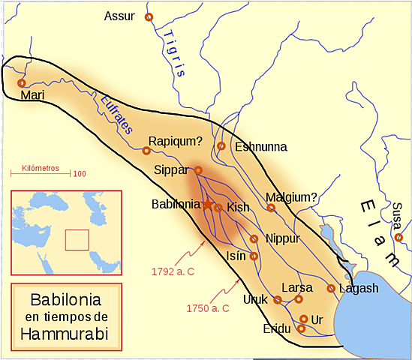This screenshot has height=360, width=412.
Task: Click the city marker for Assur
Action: click(x=149, y=16)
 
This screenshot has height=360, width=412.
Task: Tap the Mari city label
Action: click(x=33, y=95)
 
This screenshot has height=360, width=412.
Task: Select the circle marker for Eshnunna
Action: click(x=221, y=146)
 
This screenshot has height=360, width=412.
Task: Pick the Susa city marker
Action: click(x=398, y=238)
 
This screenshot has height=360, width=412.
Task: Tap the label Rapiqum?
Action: click(x=175, y=140)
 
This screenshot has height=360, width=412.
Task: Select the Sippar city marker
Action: click(x=198, y=170)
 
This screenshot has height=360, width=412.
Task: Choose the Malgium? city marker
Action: click(x=271, y=208)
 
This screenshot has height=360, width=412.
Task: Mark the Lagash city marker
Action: click(x=331, y=288)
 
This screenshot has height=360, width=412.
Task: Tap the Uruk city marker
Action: click(x=278, y=300)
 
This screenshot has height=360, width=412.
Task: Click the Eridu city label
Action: click(x=276, y=328)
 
